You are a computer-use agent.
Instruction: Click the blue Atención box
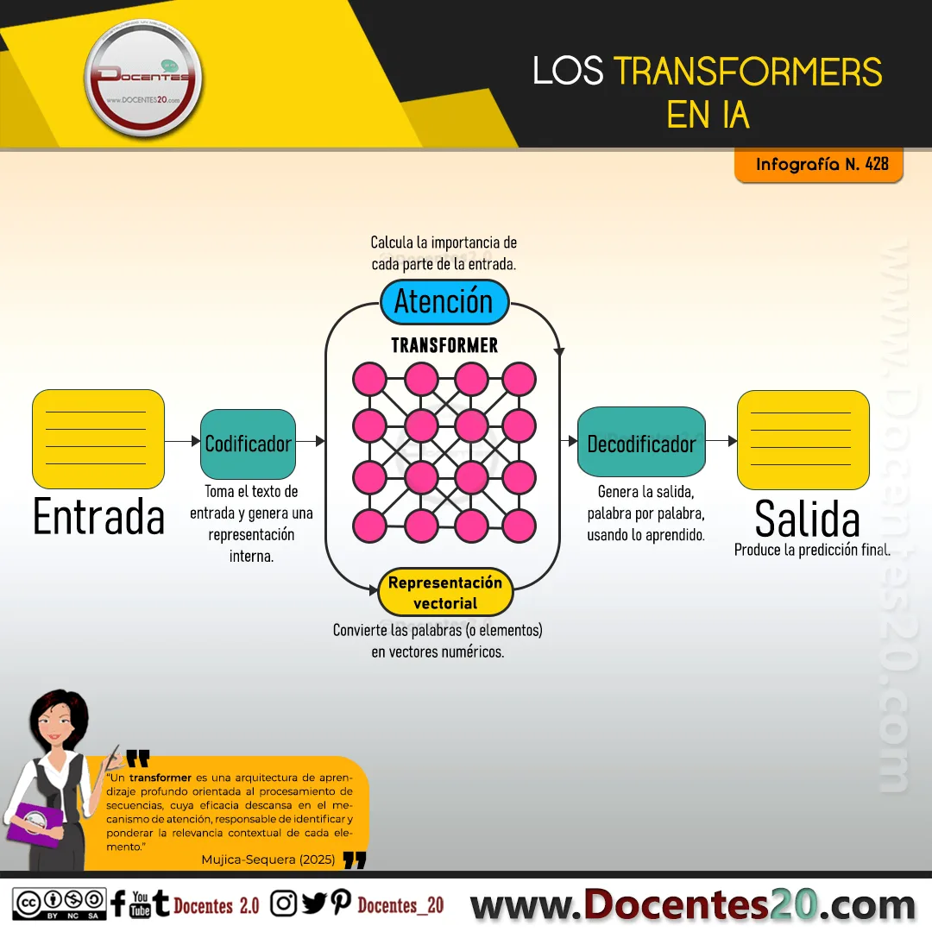(x=444, y=301)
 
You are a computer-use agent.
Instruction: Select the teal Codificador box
(x=248, y=444)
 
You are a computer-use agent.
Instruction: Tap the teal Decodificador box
(x=641, y=442)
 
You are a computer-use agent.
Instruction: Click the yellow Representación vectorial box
(x=445, y=592)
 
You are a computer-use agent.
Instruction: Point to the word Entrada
(x=98, y=517)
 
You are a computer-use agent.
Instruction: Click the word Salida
(x=807, y=519)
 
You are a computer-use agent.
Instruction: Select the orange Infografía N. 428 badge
(x=819, y=164)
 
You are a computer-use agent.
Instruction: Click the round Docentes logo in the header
(x=143, y=78)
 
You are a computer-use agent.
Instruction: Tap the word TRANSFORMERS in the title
(x=747, y=72)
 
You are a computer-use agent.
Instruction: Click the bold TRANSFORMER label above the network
(x=444, y=344)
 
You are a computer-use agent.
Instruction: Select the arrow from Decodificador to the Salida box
(x=721, y=441)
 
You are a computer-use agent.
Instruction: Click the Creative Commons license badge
(x=60, y=904)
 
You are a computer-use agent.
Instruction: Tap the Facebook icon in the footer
(x=118, y=904)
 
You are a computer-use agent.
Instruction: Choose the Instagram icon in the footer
(x=284, y=904)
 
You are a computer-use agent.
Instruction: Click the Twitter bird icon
(x=314, y=903)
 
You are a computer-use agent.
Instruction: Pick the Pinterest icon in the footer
(x=341, y=903)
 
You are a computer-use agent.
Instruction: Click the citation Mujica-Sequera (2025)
(x=268, y=860)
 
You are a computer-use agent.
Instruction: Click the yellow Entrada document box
(x=98, y=439)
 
